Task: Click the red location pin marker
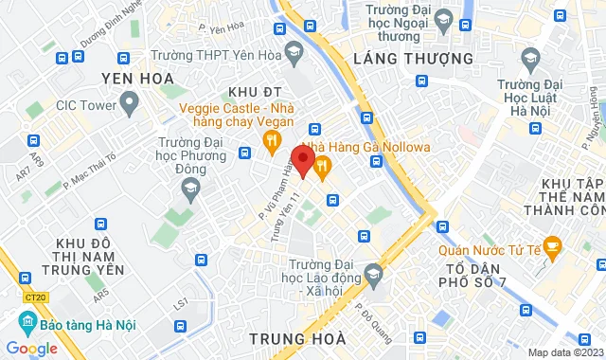[x=303, y=160]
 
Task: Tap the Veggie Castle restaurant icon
[x=272, y=144]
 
